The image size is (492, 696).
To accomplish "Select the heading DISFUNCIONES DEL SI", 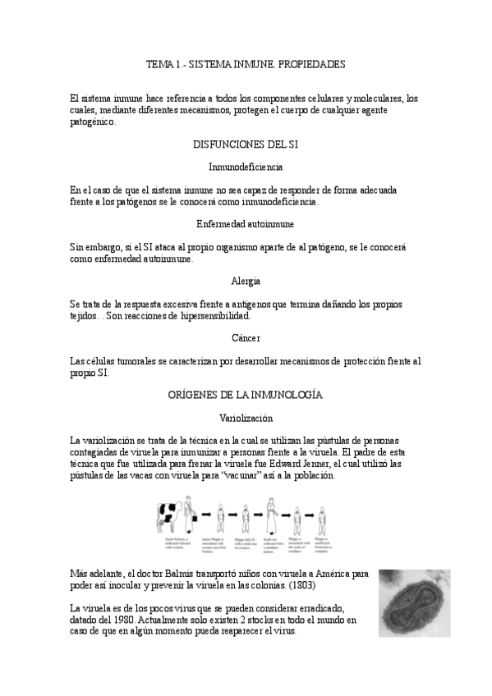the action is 246,144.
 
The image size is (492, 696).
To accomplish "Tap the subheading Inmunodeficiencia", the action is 246,167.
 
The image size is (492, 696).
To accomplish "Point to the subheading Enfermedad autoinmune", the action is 246,223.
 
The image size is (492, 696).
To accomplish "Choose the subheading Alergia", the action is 246,281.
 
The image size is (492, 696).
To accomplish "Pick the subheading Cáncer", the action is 246,337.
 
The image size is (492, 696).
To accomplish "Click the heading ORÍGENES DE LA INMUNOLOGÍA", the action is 246,395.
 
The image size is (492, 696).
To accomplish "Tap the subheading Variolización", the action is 246,418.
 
